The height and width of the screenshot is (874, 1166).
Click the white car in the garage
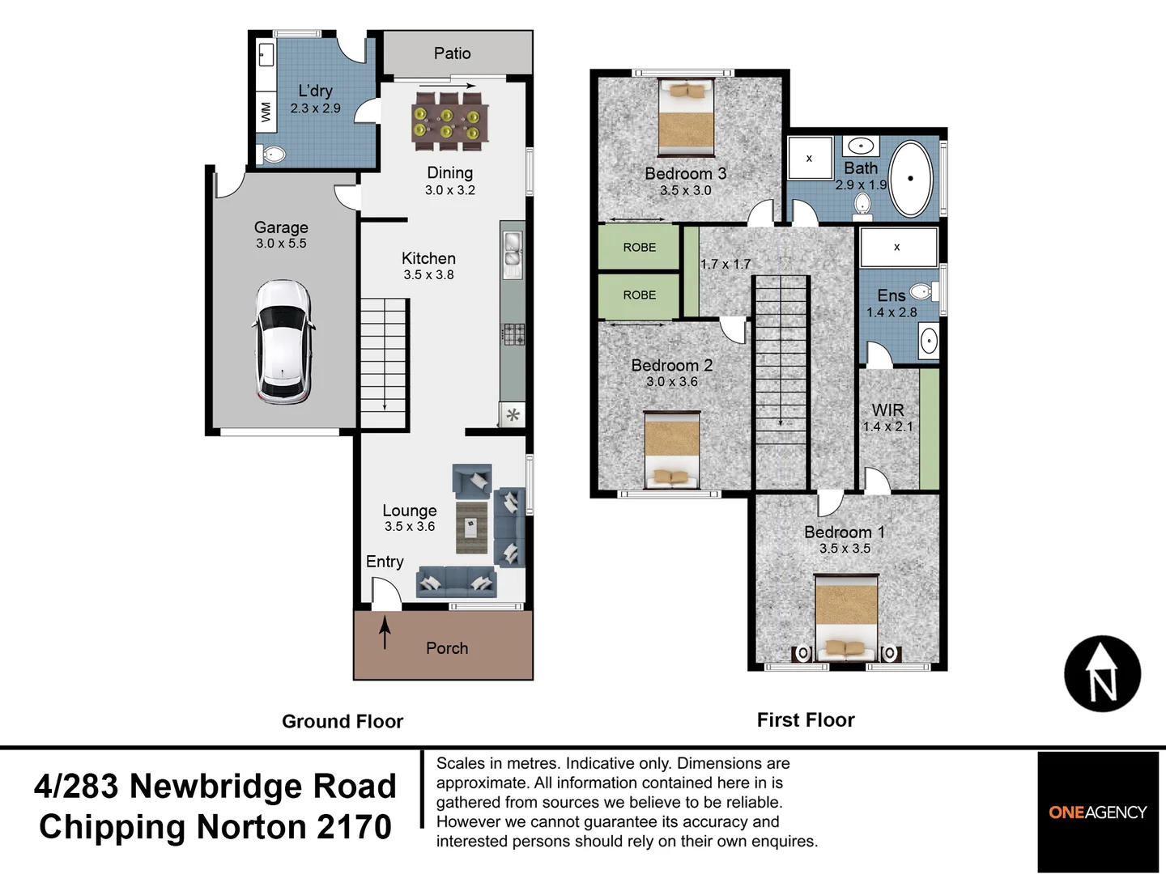coord(283,342)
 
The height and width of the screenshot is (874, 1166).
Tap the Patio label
coord(452,53)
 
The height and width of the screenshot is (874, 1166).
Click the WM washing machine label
coord(266,112)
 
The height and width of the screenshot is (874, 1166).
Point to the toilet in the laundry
coord(274,154)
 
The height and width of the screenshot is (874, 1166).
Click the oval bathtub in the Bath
coord(911,179)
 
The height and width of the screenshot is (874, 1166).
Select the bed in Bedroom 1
coord(846,617)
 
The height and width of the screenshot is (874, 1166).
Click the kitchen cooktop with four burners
coord(513,333)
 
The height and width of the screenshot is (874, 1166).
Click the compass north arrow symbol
coord(1102,674)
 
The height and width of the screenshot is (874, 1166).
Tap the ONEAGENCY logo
coord(1097,812)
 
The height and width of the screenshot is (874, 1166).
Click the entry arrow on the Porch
coord(385,632)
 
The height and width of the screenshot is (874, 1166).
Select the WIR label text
coord(887,410)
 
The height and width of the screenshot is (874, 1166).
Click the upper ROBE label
coord(639,248)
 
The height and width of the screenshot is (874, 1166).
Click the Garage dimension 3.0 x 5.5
coord(281,244)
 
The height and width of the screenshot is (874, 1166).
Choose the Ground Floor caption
coord(343,721)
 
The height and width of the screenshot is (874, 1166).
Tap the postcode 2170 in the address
coord(354,827)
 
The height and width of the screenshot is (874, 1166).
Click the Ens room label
coord(891,296)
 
